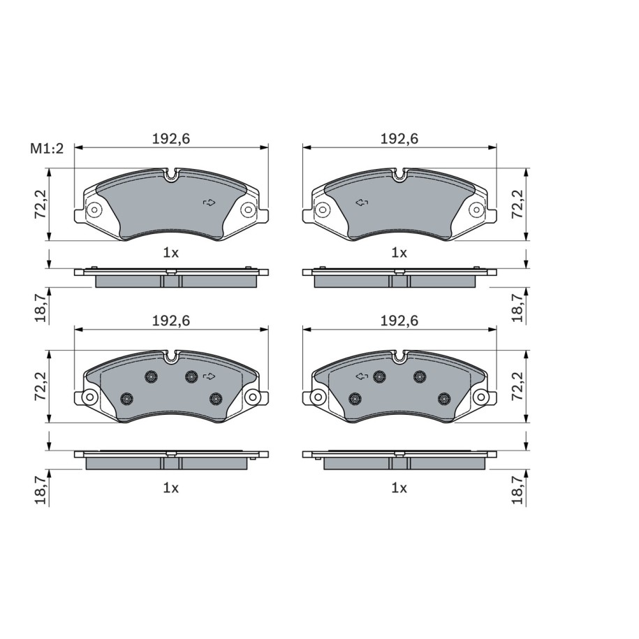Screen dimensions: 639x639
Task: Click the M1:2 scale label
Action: (47, 149)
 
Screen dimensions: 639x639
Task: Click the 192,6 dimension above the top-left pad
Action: (171, 139)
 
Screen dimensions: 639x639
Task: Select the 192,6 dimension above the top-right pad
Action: (399, 139)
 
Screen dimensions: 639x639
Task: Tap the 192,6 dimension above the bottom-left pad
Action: (171, 321)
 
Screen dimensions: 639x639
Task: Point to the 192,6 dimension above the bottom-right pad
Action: (399, 321)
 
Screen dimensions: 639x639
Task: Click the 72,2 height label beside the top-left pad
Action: (41, 205)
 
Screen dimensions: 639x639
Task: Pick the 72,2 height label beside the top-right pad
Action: (517, 205)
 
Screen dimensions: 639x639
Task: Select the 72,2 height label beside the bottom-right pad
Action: (517, 386)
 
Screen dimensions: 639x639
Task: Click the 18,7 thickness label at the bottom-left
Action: (41, 490)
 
